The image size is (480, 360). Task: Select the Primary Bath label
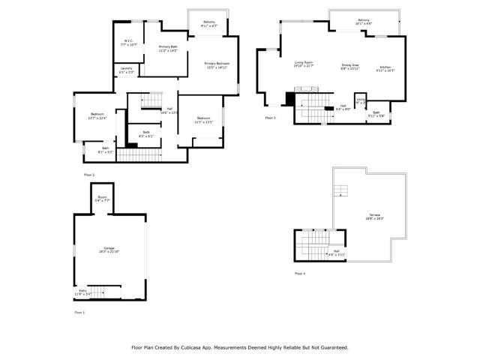tap(167, 49)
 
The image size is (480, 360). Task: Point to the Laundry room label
tap(127, 70)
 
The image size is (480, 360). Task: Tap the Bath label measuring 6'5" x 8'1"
tap(146, 134)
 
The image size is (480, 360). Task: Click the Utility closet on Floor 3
tap(361, 100)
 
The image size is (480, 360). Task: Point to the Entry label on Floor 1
tap(84, 292)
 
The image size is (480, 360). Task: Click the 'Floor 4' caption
tap(300, 274)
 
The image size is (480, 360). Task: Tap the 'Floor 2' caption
tap(89, 175)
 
